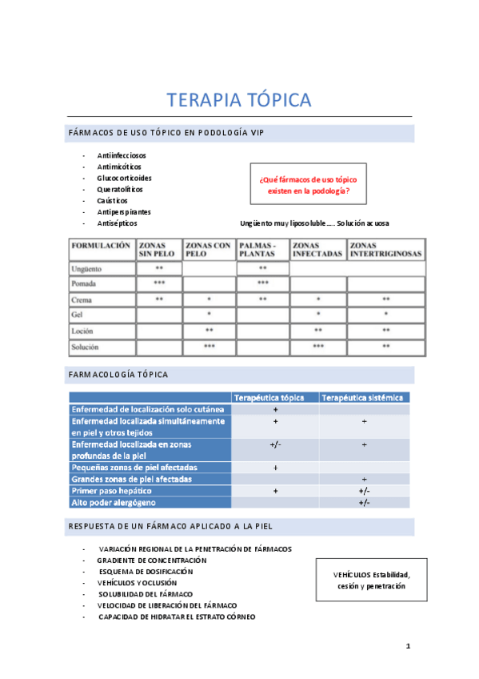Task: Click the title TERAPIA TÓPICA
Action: click(238, 100)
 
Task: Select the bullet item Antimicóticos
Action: click(119, 167)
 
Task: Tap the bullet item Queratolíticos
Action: click(120, 189)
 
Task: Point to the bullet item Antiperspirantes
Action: click(124, 211)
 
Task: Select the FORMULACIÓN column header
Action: click(101, 246)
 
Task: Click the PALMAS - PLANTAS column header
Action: click(261, 250)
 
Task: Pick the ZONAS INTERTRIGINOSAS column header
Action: click(385, 250)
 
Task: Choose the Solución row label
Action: click(86, 347)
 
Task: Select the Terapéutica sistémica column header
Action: click(364, 397)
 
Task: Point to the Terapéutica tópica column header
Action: click(274, 397)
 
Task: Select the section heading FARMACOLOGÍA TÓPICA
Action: click(119, 374)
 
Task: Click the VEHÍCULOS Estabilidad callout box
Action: click(371, 581)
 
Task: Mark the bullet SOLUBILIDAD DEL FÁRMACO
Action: click(146, 593)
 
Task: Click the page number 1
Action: click(407, 646)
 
